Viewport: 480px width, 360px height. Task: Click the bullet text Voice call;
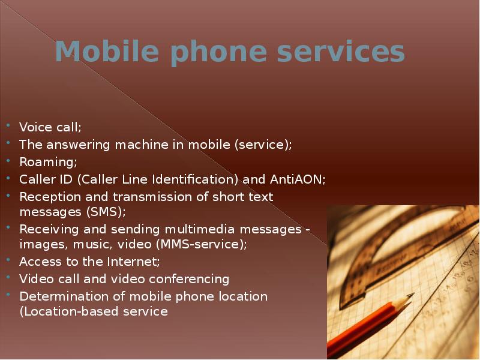(50, 127)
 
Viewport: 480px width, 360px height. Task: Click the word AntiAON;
(297, 179)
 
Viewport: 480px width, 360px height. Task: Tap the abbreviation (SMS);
(103, 212)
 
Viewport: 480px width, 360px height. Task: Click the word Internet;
(132, 262)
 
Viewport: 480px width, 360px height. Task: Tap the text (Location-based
(66, 312)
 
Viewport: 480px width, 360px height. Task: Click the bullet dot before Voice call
(8, 127)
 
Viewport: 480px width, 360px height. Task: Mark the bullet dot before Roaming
(8, 161)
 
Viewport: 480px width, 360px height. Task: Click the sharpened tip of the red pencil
(410, 296)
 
